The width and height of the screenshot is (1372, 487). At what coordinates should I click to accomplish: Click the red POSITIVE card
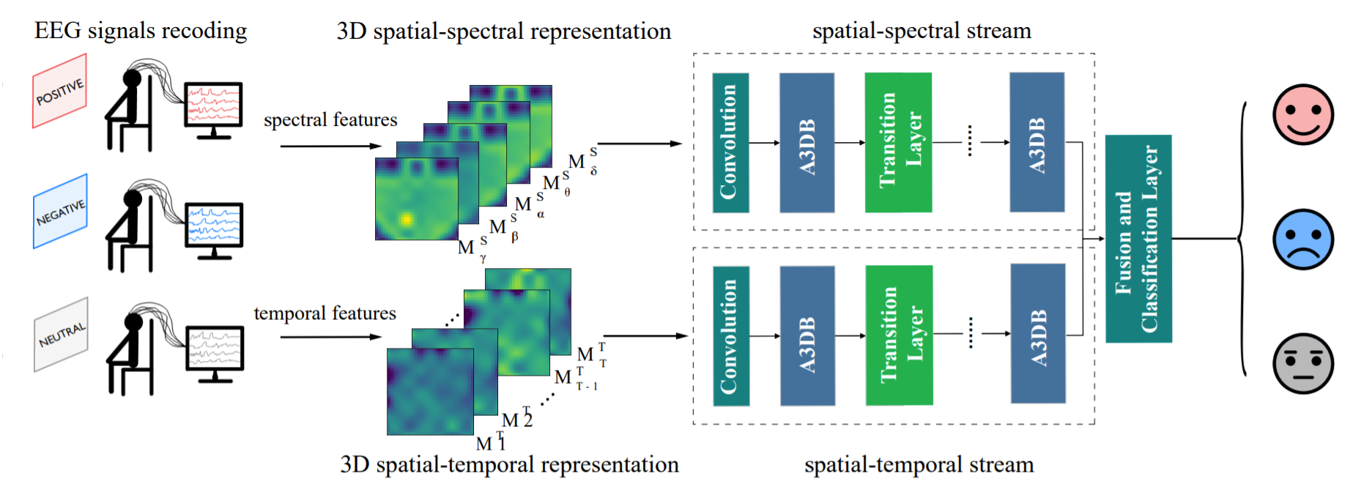click(x=60, y=92)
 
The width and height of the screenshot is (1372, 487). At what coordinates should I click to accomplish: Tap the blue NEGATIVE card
click(x=60, y=212)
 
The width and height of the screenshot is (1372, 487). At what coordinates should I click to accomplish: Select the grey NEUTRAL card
click(x=62, y=335)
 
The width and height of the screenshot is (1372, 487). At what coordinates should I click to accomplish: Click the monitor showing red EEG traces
click(x=213, y=105)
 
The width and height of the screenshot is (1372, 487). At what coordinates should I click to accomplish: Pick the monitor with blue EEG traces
click(x=213, y=226)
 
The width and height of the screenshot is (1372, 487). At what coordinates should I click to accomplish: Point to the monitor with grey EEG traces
click(x=214, y=349)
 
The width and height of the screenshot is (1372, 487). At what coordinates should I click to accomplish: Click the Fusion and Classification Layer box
click(x=1138, y=239)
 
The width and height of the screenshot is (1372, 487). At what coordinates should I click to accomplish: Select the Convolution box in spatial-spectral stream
click(x=730, y=143)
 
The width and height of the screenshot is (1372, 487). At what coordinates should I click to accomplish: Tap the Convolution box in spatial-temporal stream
click(x=731, y=336)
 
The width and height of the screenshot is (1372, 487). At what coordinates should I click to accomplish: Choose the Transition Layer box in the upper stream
click(x=898, y=143)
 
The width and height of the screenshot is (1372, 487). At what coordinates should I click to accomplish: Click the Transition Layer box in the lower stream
click(x=899, y=335)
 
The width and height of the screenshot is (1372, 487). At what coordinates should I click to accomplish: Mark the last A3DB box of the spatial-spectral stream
click(x=1037, y=142)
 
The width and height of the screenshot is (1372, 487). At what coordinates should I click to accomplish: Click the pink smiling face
click(x=1302, y=115)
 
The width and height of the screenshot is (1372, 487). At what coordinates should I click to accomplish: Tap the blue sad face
click(x=1302, y=239)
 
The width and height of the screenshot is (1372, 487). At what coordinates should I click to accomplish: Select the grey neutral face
click(x=1302, y=364)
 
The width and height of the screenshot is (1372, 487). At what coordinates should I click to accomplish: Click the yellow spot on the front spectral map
click(x=405, y=219)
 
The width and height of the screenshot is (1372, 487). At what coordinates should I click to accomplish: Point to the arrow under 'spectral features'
click(x=330, y=146)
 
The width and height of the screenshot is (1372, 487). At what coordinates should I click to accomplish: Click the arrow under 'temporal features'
click(x=330, y=337)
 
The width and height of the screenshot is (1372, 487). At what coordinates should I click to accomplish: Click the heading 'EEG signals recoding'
click(x=141, y=31)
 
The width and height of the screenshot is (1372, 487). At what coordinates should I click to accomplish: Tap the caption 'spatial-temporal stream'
click(x=919, y=464)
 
